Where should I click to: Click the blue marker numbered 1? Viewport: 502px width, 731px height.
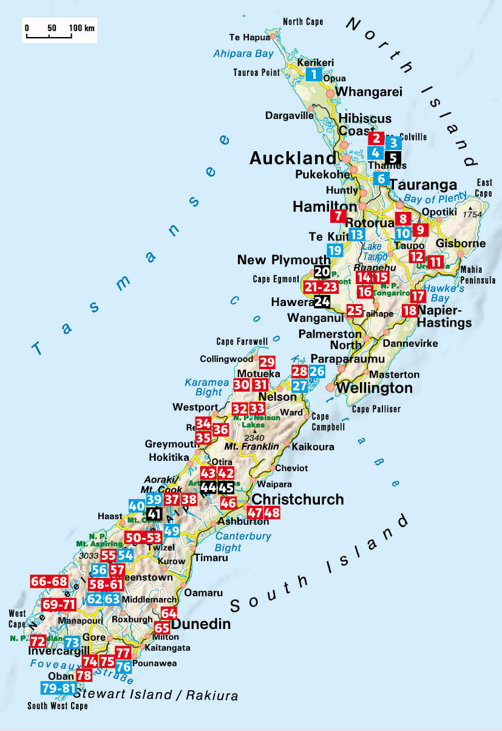(313, 75)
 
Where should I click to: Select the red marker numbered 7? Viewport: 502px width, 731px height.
(337, 215)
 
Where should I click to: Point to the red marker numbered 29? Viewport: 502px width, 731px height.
(267, 362)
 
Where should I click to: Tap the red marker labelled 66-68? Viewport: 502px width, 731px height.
(49, 581)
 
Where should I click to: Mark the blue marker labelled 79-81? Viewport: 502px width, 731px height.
(59, 688)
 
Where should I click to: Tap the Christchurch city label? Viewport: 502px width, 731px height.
(297, 500)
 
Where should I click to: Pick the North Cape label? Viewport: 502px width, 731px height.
(303, 22)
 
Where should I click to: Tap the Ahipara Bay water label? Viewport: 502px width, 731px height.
(243, 54)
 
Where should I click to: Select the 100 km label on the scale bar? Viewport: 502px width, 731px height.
(82, 29)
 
